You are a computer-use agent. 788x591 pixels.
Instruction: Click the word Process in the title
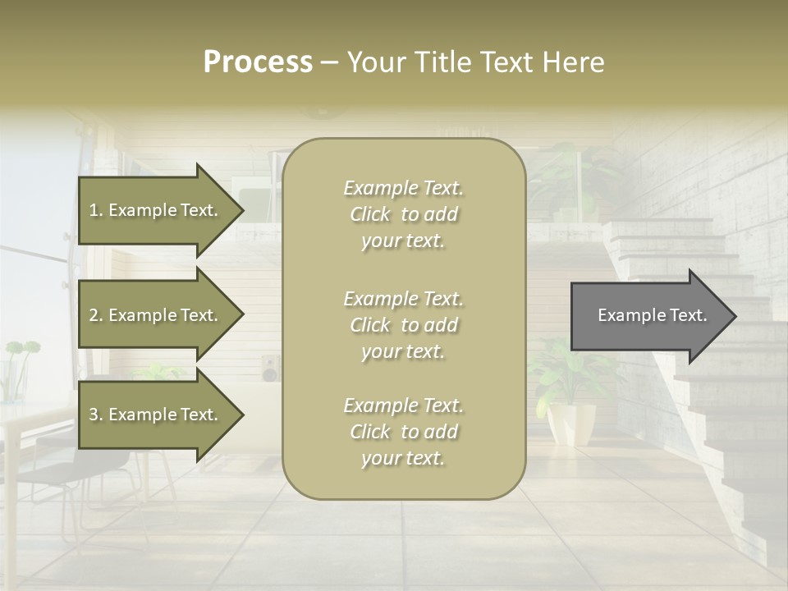pos(258,62)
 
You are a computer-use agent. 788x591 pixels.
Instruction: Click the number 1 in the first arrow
pos(93,210)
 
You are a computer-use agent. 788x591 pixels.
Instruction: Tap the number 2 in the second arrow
pos(94,315)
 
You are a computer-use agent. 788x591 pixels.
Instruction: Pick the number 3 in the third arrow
pos(94,415)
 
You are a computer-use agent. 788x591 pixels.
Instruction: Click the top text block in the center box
pos(403,214)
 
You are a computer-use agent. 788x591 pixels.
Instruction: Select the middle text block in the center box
pos(403,324)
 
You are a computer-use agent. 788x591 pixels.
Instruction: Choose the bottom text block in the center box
pos(403,432)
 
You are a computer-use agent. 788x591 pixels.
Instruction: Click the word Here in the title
pos(574,62)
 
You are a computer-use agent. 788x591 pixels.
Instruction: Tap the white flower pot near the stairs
pos(572,422)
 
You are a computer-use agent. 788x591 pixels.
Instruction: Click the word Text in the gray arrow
pos(689,315)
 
